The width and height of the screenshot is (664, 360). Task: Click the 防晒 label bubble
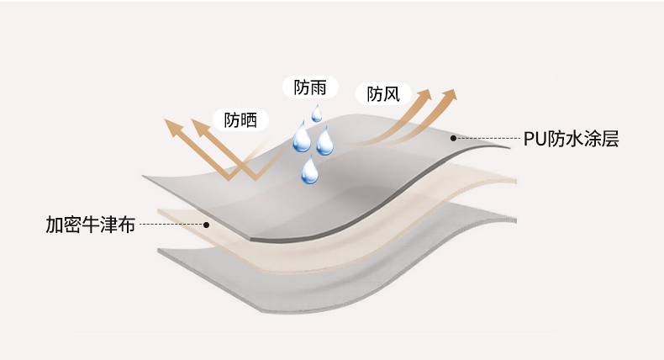point(240,119)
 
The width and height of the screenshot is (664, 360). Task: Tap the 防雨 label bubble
point(309,87)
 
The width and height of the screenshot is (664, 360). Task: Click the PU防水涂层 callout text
point(571,139)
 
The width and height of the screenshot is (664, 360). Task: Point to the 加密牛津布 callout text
point(90,225)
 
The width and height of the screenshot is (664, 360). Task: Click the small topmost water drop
point(317,113)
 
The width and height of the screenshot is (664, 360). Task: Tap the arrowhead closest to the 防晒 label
point(200,127)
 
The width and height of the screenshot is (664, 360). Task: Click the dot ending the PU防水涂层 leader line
point(453,138)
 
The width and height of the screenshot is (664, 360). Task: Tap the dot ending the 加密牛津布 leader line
point(206,225)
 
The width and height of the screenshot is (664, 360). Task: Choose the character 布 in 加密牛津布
point(126,225)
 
